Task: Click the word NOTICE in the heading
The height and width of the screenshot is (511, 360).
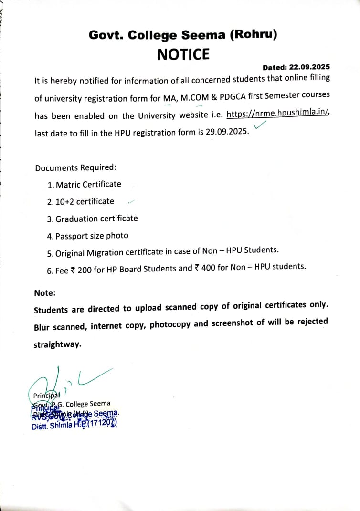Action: pos(183,54)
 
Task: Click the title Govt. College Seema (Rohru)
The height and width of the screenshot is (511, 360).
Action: pos(183,34)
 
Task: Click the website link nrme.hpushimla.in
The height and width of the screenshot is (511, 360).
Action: pos(284,113)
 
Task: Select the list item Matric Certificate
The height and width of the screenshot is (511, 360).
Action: pos(88,184)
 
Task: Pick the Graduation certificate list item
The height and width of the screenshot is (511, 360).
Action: pos(96,219)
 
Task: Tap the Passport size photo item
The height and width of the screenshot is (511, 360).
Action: pos(92,236)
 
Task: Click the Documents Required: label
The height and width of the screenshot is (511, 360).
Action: pos(75,168)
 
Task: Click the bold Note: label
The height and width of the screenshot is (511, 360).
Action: pos(45,292)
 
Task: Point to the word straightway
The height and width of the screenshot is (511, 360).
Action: pos(57,344)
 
